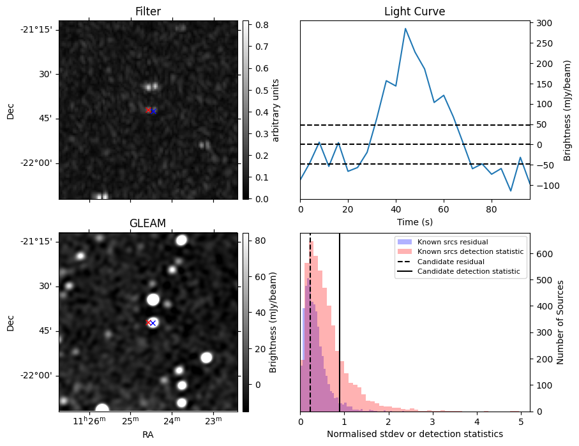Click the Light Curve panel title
[x=414, y=11]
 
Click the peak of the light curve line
[x=405, y=29]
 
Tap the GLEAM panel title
[x=147, y=223]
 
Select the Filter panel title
[x=147, y=11]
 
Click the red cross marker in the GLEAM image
[x=148, y=323]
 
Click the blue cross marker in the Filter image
[x=154, y=111]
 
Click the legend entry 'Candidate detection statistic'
[x=468, y=272]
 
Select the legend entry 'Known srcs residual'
[x=452, y=242]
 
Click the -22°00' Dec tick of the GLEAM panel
[x=37, y=375]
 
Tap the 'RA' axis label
[x=147, y=435]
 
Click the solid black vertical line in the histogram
[x=340, y=319]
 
